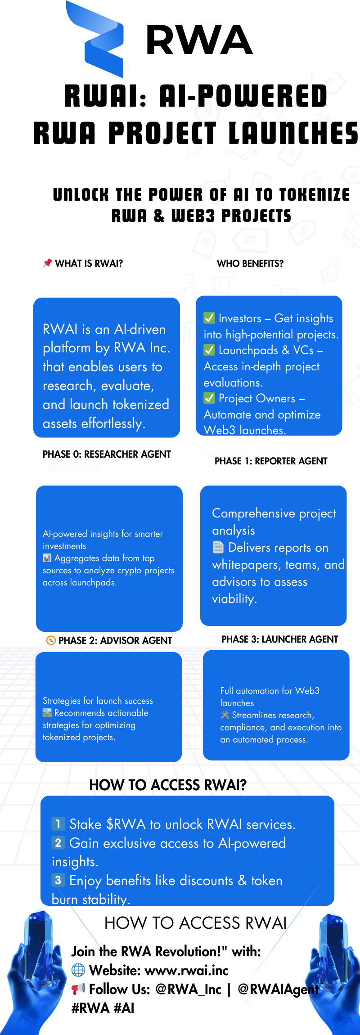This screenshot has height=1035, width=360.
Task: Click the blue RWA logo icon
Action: pyautogui.click(x=95, y=40)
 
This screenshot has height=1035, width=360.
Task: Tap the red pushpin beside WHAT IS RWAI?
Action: pyautogui.click(x=47, y=263)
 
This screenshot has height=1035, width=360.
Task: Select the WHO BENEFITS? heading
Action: pyautogui.click(x=250, y=264)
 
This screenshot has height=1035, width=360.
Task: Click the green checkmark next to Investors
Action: pyautogui.click(x=209, y=318)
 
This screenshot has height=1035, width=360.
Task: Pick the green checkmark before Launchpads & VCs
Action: pyautogui.click(x=209, y=350)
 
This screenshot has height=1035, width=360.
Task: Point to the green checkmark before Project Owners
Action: pyautogui.click(x=209, y=398)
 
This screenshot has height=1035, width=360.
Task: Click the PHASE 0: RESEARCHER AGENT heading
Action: pyautogui.click(x=107, y=454)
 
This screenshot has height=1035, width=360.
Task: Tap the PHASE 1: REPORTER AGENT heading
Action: pyautogui.click(x=271, y=461)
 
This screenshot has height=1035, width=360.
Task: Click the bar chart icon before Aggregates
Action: pyautogui.click(x=47, y=558)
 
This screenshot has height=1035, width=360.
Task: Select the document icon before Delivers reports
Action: pyautogui.click(x=218, y=547)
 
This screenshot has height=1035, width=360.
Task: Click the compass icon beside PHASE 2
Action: pyautogui.click(x=51, y=640)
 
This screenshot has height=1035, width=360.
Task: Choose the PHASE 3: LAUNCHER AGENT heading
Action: pyautogui.click(x=279, y=639)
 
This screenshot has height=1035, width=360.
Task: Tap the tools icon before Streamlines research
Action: pyautogui.click(x=225, y=715)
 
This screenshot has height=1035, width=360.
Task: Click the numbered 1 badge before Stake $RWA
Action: pyautogui.click(x=58, y=824)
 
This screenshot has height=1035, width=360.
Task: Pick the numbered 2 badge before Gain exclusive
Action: pyautogui.click(x=58, y=842)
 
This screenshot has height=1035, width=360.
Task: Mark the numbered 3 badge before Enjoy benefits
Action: pyautogui.click(x=58, y=880)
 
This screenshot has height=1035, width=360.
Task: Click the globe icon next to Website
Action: pyautogui.click(x=78, y=970)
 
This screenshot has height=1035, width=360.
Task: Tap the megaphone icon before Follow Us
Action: pyautogui.click(x=78, y=989)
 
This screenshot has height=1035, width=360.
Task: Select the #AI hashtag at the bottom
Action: pyautogui.click(x=124, y=1008)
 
